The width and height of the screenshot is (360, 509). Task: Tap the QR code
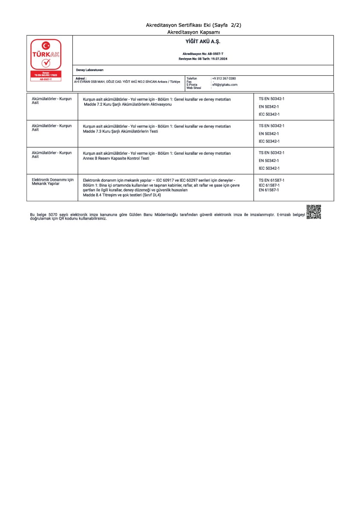(x=313, y=212)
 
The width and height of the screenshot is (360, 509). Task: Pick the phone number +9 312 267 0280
(x=224, y=79)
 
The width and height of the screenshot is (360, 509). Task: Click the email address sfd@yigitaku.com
(x=225, y=85)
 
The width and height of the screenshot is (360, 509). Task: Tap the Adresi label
(x=81, y=79)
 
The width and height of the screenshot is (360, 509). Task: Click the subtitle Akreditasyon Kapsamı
(x=194, y=32)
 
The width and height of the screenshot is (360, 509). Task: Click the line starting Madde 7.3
(x=121, y=131)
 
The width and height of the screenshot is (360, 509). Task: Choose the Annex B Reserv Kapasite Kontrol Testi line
(x=116, y=158)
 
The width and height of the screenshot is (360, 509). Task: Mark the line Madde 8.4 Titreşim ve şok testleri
(x=122, y=195)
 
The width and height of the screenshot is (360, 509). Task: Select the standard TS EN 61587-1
(x=271, y=180)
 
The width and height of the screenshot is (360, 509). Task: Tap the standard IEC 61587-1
(x=269, y=185)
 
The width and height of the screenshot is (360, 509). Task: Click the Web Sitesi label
(x=193, y=88)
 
